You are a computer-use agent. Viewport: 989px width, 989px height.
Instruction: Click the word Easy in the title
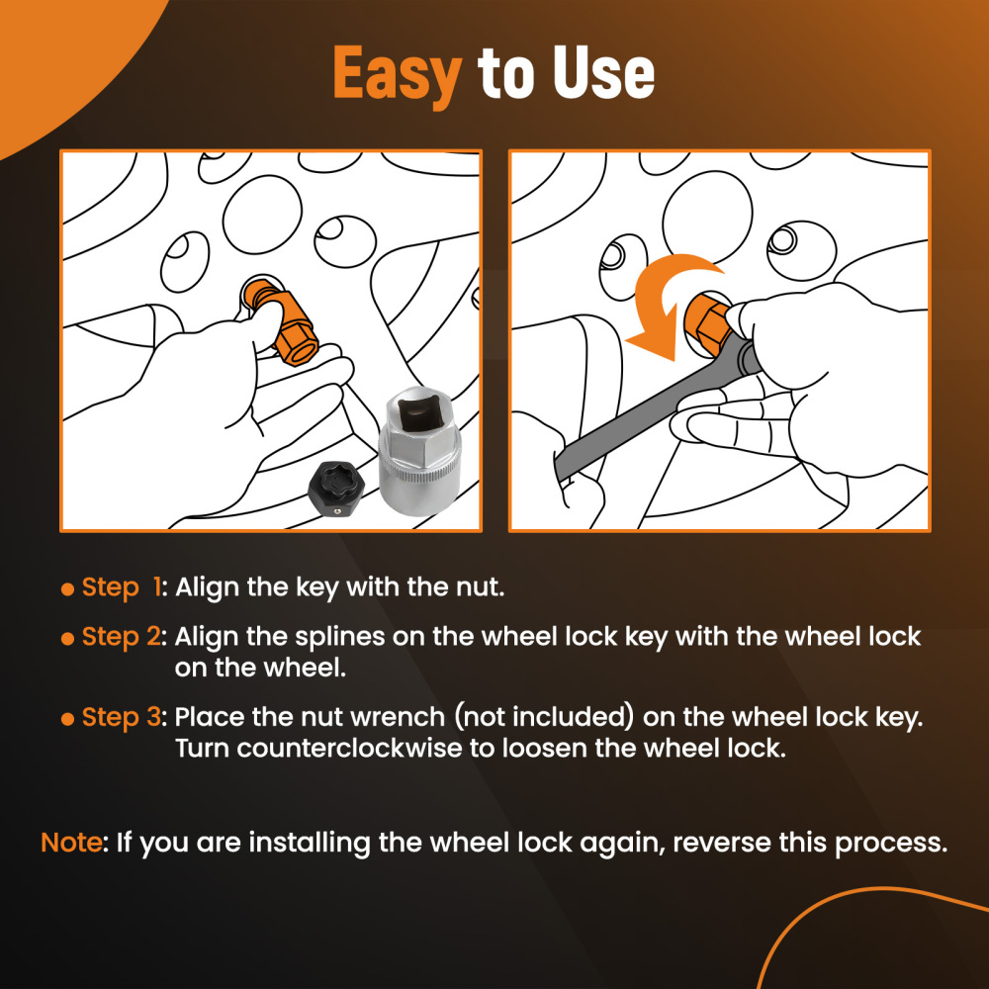(x=398, y=74)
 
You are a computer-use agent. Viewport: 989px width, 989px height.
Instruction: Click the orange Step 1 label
(x=122, y=588)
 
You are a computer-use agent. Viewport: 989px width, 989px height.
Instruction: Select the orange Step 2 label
(x=122, y=638)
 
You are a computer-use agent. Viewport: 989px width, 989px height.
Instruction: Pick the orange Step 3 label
(x=122, y=718)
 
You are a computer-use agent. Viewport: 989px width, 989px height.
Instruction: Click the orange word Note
(x=71, y=842)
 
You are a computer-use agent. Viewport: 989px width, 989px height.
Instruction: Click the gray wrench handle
(x=650, y=410)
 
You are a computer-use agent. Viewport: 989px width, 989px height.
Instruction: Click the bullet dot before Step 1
(x=67, y=589)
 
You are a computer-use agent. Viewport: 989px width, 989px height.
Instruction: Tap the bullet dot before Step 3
(x=67, y=719)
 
